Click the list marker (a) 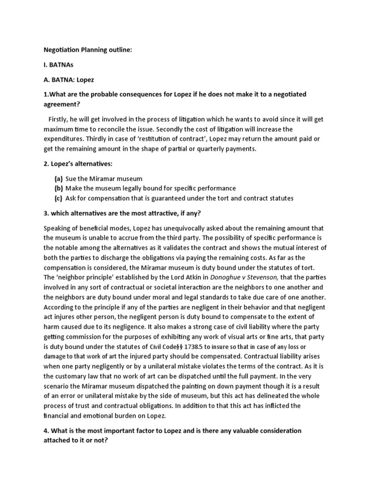pos(58,178)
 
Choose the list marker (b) pos(58,188)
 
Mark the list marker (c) pos(58,198)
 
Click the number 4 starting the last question pos(46,431)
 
